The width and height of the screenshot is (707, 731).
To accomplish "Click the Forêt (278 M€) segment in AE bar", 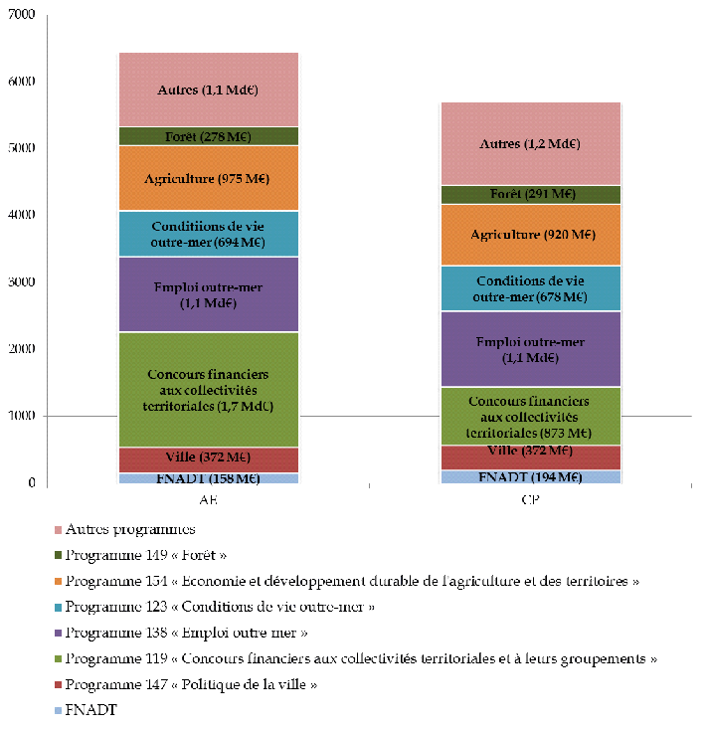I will (x=208, y=136).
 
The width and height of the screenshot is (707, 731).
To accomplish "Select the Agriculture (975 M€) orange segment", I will (x=208, y=178).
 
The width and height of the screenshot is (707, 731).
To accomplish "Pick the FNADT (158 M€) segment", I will (x=208, y=478).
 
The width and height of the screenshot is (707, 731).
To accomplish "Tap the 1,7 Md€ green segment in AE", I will (x=208, y=390).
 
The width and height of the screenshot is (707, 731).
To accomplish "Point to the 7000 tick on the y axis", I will (x=21, y=15).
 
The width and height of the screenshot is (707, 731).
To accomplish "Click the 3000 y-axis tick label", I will (x=21, y=282).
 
